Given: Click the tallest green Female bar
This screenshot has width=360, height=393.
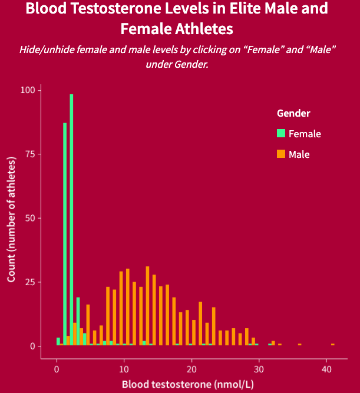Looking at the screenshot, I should [x=71, y=218].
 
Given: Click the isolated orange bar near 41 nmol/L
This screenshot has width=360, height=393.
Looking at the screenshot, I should [x=333, y=344].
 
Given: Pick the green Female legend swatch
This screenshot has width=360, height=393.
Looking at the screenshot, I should [x=281, y=134].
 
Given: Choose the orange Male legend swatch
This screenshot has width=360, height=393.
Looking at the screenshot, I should [x=281, y=154].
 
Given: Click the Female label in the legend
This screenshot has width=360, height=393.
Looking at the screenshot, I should [x=305, y=134].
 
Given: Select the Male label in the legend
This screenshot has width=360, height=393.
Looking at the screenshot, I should [x=299, y=154].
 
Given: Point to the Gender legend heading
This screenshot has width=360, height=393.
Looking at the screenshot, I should [x=293, y=113].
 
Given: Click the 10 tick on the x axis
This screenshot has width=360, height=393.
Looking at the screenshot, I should [x=124, y=369].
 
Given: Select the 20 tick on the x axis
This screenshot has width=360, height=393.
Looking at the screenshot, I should [x=191, y=369].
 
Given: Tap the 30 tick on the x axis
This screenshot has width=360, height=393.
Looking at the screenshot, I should [x=258, y=369].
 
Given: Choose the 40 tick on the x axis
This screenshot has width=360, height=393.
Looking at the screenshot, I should [x=326, y=369].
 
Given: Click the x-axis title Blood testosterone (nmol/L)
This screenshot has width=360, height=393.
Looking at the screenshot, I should [x=187, y=385].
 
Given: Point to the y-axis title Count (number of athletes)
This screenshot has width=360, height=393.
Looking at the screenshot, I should [x=12, y=218].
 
